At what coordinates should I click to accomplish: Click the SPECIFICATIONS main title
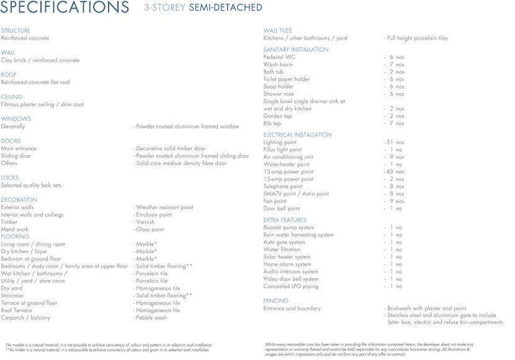(x=65, y=8)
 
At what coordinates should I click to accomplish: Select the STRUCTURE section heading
(x=16, y=30)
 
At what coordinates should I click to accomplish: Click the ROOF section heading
(x=9, y=74)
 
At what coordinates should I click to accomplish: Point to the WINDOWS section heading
(x=16, y=119)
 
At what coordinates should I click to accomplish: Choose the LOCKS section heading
(x=10, y=178)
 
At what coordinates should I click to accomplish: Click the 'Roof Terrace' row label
(x=16, y=310)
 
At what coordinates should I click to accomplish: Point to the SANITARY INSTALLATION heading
(x=296, y=50)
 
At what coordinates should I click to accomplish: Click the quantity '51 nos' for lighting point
(x=395, y=142)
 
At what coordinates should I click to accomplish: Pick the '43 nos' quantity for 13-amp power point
(x=395, y=171)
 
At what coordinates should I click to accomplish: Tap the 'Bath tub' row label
(x=273, y=72)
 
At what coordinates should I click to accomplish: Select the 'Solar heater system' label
(x=287, y=257)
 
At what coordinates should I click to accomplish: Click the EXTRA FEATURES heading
(x=285, y=220)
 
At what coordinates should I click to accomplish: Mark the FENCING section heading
(x=275, y=300)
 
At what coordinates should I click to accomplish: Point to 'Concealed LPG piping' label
(x=290, y=286)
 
